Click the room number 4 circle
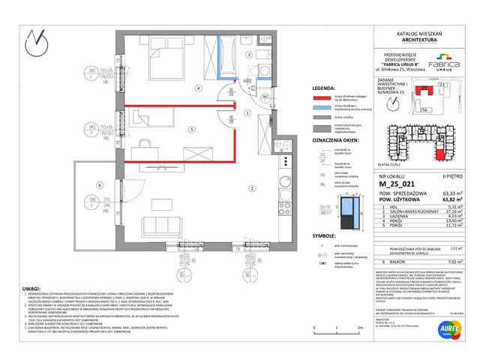click(198, 88)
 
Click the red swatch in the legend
click(322, 98)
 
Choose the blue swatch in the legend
click(322, 109)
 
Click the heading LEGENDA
click(324, 87)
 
